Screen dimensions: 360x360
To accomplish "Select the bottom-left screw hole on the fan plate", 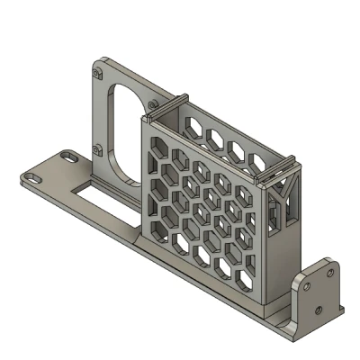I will [x=96, y=149].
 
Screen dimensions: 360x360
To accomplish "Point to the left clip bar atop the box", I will [x=168, y=105].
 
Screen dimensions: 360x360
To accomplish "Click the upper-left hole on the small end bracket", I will [x=309, y=284].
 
